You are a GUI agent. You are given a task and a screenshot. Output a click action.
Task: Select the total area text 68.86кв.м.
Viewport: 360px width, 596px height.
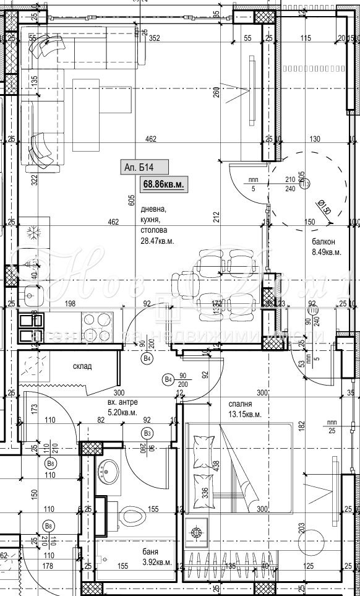(x=164, y=184)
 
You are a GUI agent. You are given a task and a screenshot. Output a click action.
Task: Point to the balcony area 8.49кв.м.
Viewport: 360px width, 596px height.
(x=325, y=252)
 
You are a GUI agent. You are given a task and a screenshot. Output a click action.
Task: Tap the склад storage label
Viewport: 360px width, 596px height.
(x=82, y=366)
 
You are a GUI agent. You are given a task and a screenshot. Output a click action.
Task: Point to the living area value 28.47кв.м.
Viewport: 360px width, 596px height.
(x=156, y=241)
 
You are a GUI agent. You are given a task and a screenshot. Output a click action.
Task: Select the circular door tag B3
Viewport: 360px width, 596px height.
(x=147, y=433)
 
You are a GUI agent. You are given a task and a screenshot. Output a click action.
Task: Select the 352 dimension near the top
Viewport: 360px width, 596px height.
(x=155, y=38)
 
